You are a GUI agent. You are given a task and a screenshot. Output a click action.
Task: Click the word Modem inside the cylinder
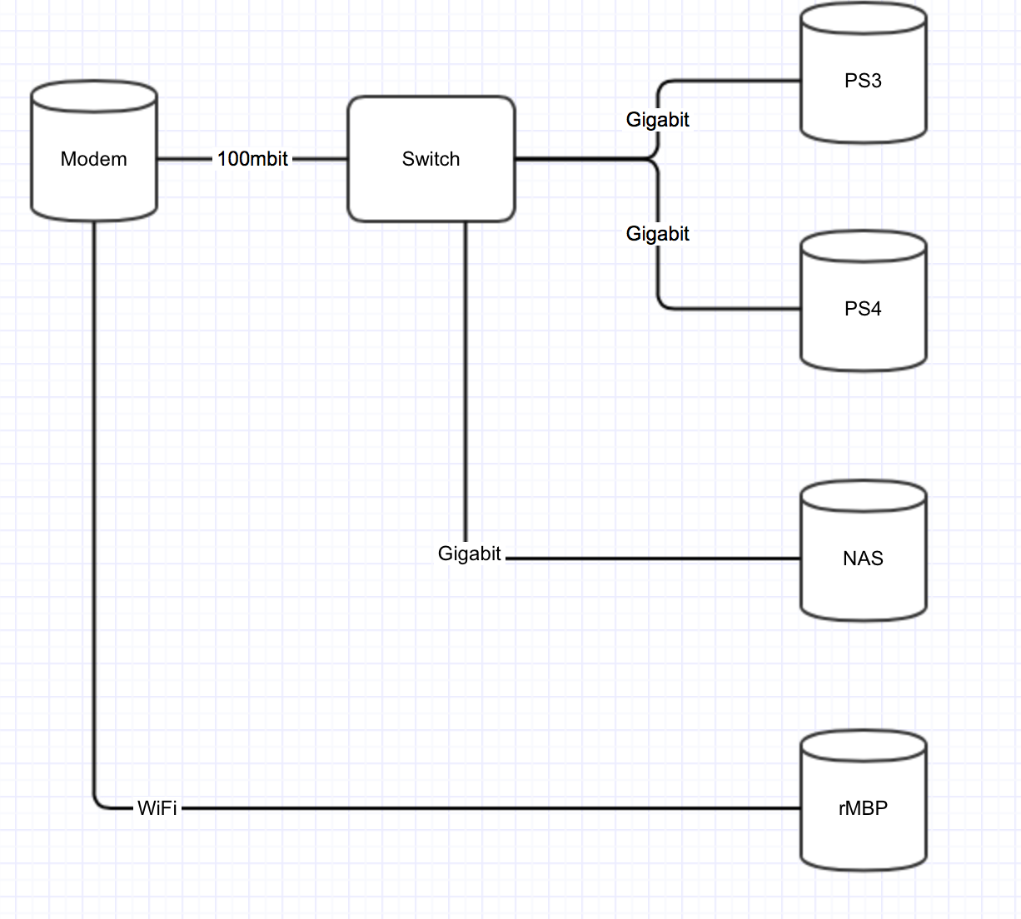point(93,159)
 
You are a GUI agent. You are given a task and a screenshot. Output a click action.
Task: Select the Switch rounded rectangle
point(431,187)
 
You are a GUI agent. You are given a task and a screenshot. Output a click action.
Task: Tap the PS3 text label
point(863,81)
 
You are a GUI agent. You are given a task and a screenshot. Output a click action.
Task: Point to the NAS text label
point(863,559)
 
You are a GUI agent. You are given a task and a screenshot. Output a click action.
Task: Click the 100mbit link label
point(252,159)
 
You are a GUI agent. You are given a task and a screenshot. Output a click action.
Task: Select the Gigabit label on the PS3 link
point(657,120)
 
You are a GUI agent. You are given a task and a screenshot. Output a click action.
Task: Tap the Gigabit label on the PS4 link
point(657,234)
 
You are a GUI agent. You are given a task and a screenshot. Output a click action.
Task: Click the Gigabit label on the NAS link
point(469,554)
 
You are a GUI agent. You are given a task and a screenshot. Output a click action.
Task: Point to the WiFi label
point(157,808)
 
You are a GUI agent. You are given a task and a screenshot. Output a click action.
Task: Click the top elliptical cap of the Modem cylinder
point(93,96)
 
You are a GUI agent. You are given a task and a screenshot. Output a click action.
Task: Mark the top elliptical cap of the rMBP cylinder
point(863,746)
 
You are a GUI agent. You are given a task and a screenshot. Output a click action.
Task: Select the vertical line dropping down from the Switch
point(465,375)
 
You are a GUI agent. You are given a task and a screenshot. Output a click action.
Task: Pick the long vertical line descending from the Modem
point(94,499)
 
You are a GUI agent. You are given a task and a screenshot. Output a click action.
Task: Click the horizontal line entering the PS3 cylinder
point(733,82)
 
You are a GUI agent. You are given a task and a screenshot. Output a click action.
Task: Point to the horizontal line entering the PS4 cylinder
point(733,309)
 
